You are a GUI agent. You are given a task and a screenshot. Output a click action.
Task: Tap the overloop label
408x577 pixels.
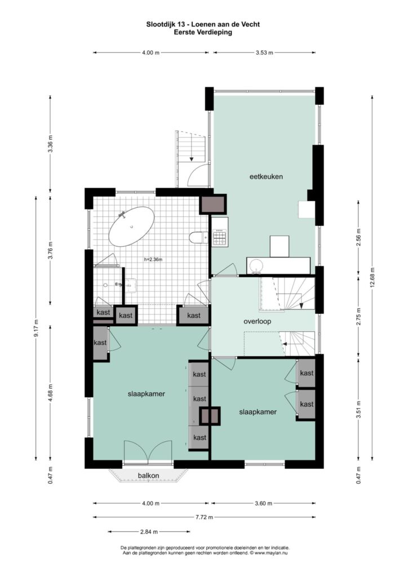pos(257,321)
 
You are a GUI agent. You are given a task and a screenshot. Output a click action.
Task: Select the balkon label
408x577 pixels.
pos(149,476)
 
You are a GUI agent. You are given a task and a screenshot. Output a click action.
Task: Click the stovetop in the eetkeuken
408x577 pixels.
pos(220,237)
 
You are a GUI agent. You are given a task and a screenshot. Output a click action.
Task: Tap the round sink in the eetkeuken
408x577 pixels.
pos(255,266)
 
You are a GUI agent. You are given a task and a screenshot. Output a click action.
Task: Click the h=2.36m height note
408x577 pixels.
pos(153,259)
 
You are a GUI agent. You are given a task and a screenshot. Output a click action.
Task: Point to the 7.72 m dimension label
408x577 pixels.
pos(204,517)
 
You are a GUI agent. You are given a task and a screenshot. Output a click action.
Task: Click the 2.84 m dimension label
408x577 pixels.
pos(149,532)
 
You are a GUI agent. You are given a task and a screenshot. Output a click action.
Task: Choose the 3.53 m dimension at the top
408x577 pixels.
pos(264,52)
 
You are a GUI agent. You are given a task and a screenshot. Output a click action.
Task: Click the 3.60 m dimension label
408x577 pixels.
pos(263,503)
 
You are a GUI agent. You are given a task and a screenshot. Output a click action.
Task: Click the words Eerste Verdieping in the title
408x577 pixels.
pos(203,32)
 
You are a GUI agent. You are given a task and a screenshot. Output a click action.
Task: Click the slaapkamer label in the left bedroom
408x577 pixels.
pos(147,394)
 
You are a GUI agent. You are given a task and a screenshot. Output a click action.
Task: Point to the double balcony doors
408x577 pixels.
pos(148,451)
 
